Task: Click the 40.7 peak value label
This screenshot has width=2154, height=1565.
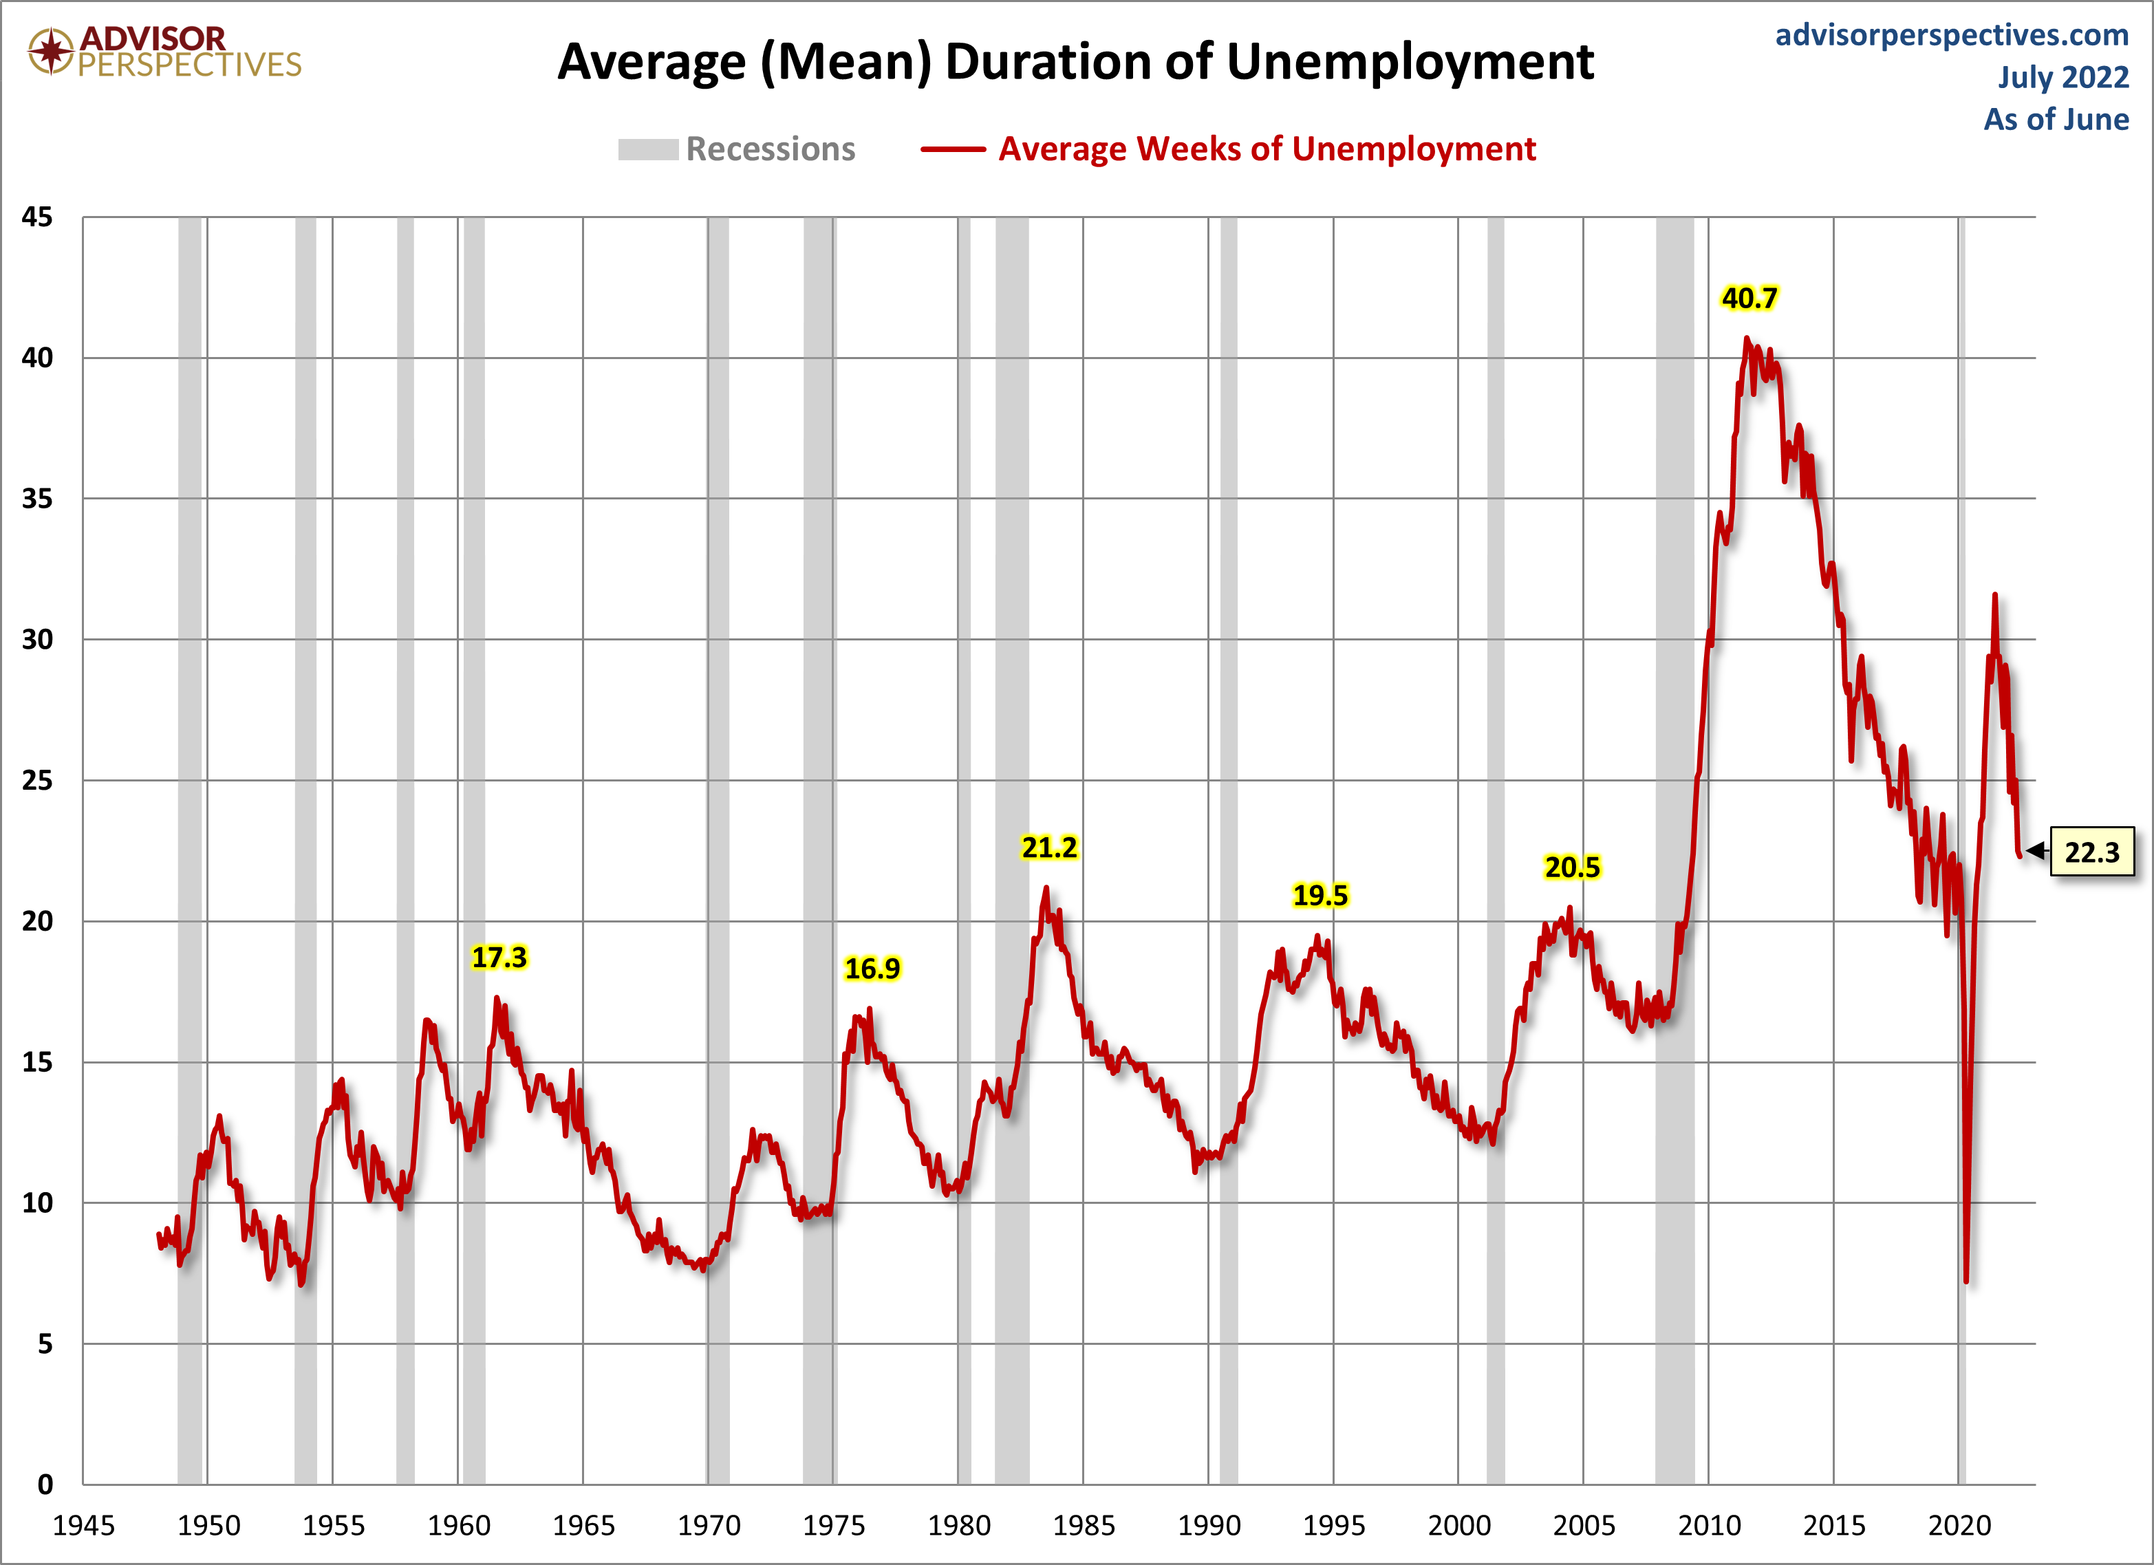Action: (1749, 298)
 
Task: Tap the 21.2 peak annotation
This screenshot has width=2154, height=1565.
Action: (1048, 847)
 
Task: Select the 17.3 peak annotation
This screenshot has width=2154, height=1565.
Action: (499, 958)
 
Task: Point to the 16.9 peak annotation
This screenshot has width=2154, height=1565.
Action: (872, 969)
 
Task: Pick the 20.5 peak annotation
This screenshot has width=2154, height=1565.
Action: (1572, 867)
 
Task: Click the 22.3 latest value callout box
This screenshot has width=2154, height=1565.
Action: (2091, 852)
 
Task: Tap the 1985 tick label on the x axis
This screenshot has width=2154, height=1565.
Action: (1083, 1525)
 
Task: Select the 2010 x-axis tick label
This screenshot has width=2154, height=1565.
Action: (1709, 1525)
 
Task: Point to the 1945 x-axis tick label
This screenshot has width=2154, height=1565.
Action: (83, 1525)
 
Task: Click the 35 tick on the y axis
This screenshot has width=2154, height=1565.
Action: (37, 499)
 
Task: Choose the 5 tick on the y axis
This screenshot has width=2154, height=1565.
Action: (45, 1343)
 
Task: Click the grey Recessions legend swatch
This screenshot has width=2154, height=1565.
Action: (648, 150)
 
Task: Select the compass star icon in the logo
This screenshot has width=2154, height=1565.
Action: (50, 50)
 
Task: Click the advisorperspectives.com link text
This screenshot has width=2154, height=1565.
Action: (1952, 35)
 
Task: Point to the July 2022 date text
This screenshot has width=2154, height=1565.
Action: (2063, 77)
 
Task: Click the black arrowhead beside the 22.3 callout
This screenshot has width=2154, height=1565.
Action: (2035, 850)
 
